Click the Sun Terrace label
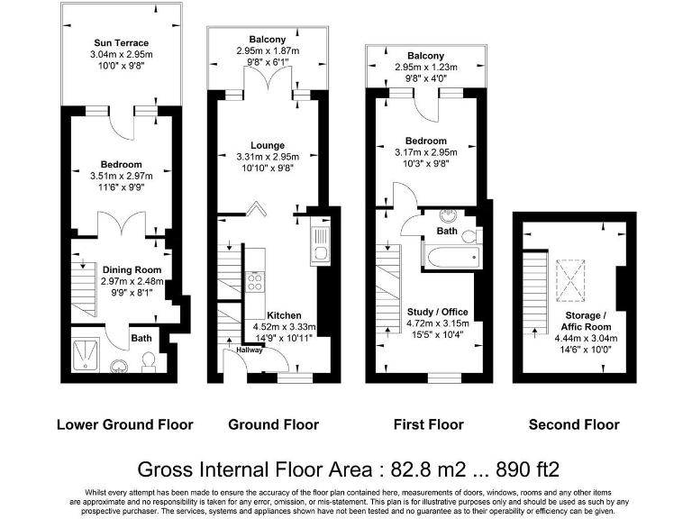coord(121,43)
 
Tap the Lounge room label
coord(268,145)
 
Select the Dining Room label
coord(132,269)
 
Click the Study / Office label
coord(437,312)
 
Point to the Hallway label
coord(250,350)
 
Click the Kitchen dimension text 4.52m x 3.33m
coord(284,327)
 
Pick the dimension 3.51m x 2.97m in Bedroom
coord(122,176)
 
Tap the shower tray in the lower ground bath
coord(86,354)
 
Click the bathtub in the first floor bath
coord(452,257)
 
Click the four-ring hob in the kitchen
coord(255,281)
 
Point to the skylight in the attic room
coord(570,281)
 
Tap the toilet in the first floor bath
coord(471,236)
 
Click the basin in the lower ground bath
coord(119,367)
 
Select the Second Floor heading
coord(574,424)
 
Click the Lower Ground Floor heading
coord(125,424)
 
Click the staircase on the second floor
coord(535,294)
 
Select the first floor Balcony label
coord(425,56)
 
